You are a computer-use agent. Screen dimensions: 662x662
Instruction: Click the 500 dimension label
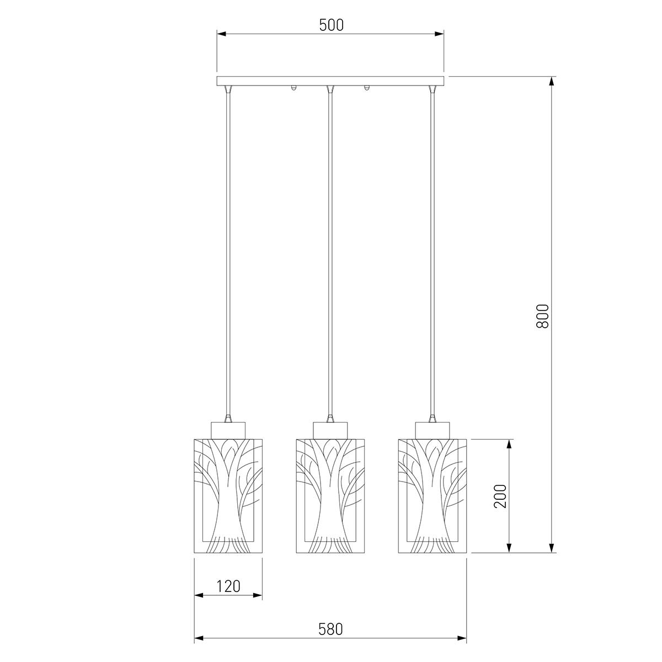(331, 25)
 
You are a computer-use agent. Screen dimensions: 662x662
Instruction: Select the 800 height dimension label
(543, 316)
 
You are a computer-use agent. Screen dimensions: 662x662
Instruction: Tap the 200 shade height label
(500, 496)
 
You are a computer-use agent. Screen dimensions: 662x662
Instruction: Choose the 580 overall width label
(330, 629)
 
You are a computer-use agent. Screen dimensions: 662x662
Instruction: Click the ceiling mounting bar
(330, 81)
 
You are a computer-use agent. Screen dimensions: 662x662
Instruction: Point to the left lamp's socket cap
(228, 430)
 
